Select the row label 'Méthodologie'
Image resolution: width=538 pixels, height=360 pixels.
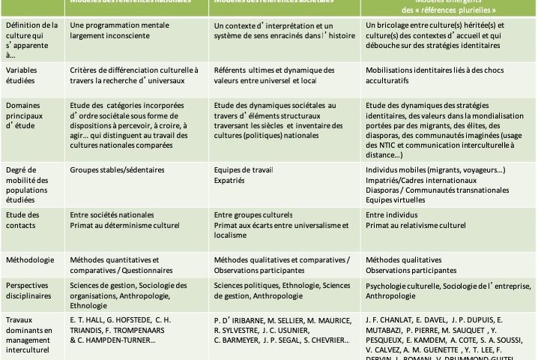coord(29,260)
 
